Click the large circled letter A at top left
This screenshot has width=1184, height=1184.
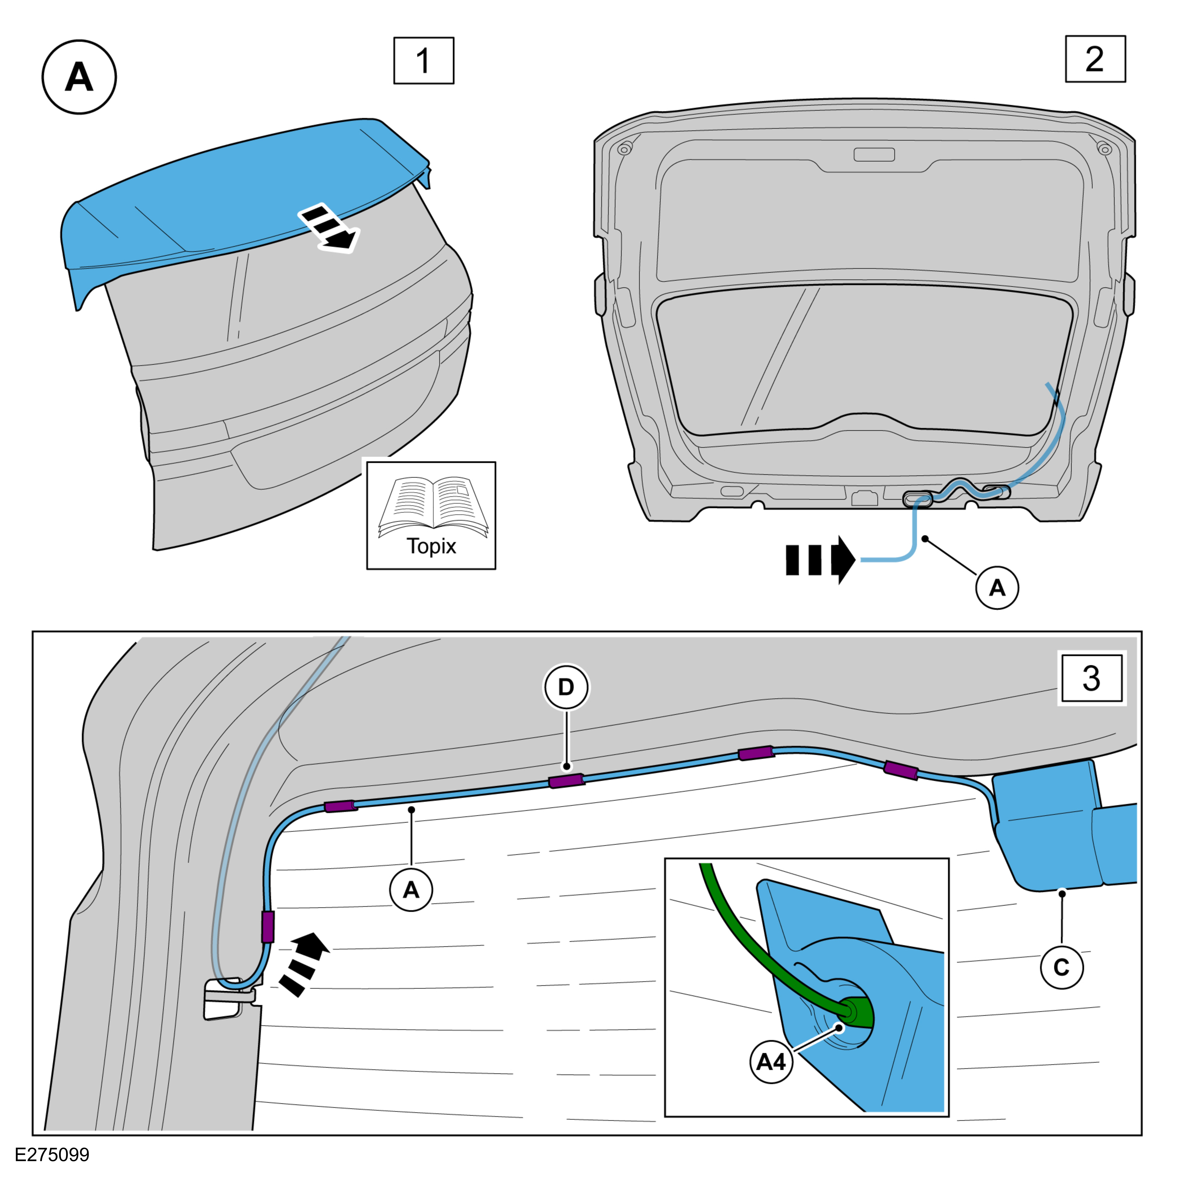(79, 77)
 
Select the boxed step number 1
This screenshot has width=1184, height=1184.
(423, 61)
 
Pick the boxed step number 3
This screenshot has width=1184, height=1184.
(1091, 678)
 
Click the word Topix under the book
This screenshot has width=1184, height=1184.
(431, 546)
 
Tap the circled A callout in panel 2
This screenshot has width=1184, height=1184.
(997, 588)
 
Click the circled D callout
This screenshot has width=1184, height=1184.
(566, 687)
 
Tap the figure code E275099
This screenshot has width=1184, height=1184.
(52, 1155)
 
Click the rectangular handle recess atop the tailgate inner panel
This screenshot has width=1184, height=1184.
(874, 155)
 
